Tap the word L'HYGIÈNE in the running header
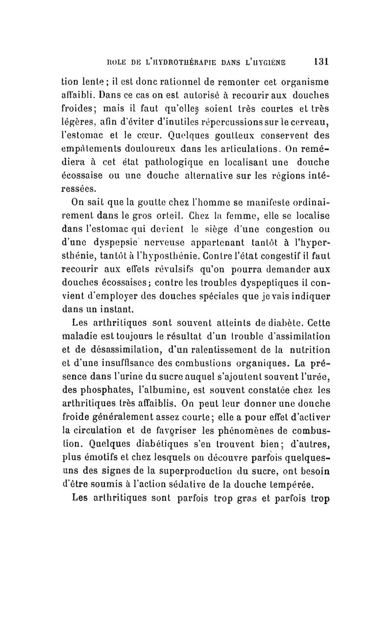click(x=269, y=62)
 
